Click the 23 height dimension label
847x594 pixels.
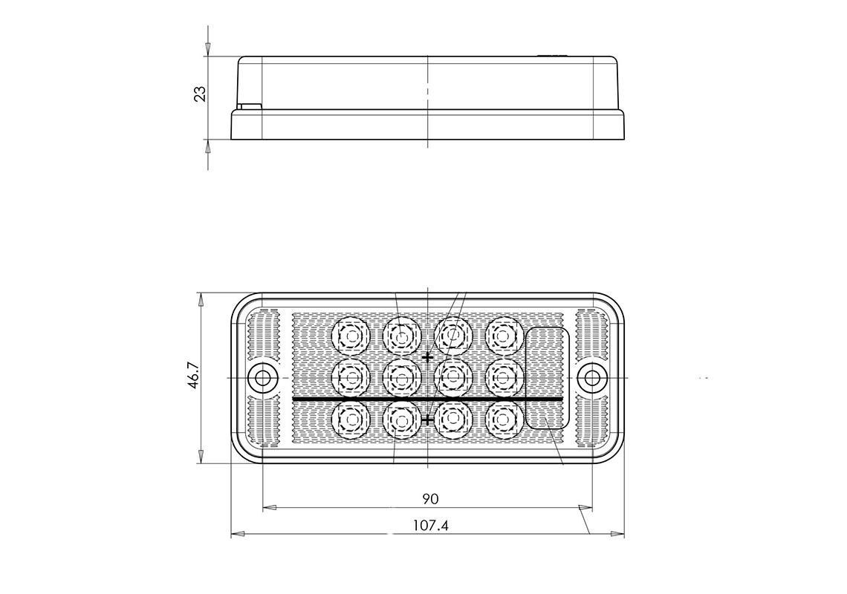point(200,94)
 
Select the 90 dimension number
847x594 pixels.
point(430,498)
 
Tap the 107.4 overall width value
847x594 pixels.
point(431,526)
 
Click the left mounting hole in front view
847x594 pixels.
point(262,379)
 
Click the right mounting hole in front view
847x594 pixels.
point(592,379)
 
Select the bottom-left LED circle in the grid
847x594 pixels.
point(350,420)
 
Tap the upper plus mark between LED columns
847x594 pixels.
point(427,358)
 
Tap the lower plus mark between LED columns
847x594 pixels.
point(427,420)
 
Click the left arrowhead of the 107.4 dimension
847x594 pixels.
point(238,534)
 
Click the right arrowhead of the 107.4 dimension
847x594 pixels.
point(617,534)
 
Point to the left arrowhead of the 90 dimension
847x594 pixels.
point(270,509)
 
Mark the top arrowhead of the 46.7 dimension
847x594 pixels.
point(200,300)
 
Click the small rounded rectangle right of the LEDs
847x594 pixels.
point(548,377)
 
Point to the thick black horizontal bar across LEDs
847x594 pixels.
point(427,399)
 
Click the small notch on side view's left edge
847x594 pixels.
point(250,106)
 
